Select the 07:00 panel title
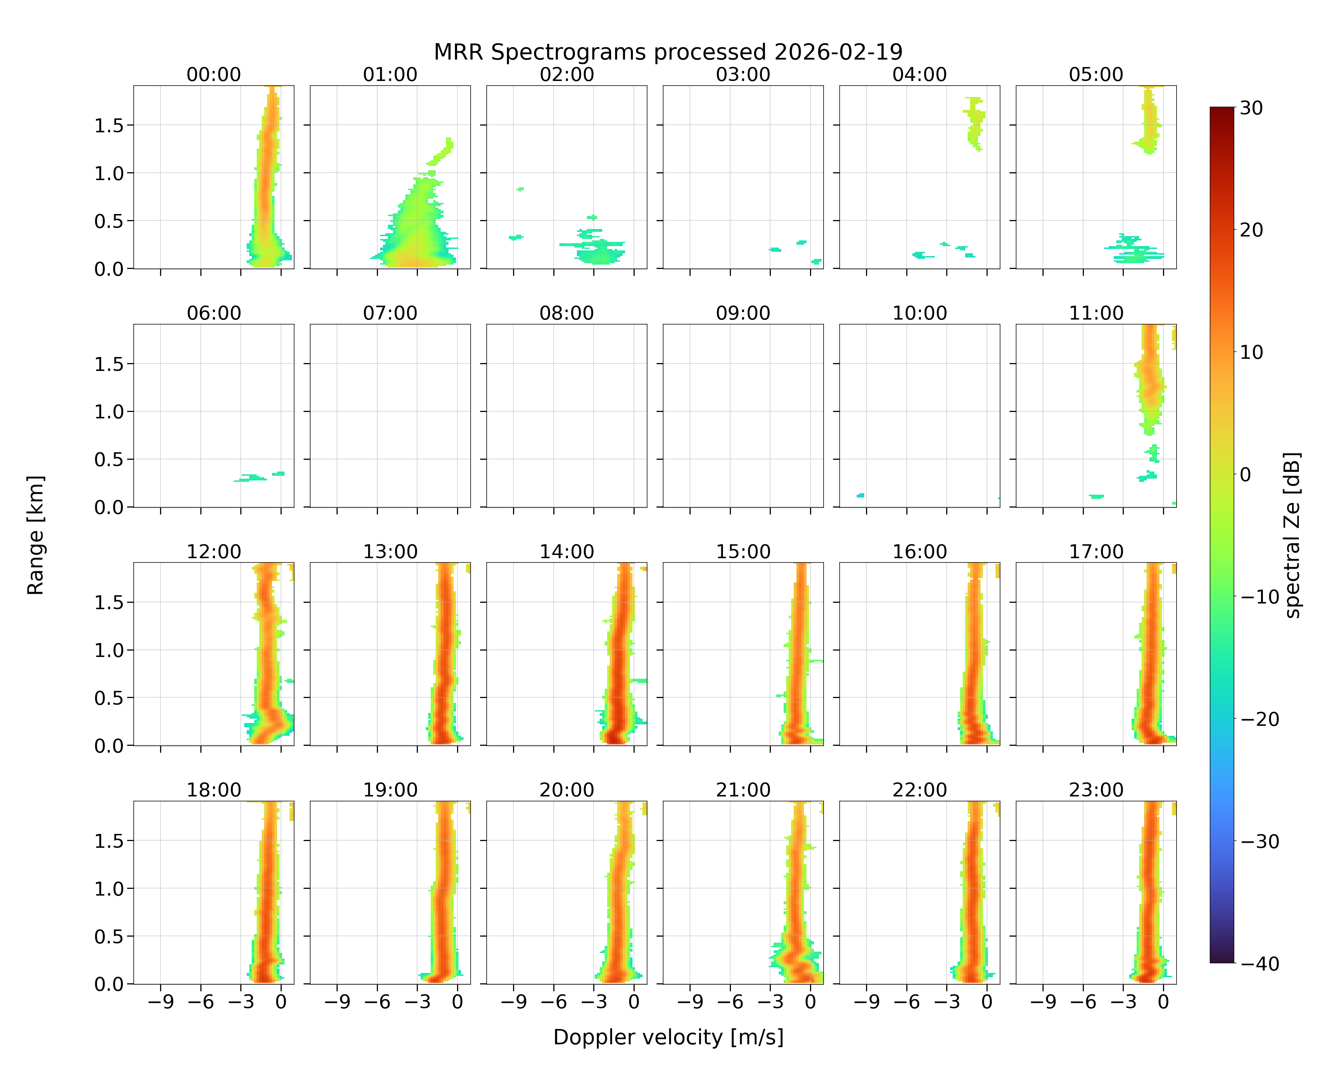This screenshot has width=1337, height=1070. (390, 313)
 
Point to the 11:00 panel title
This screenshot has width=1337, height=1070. (1096, 313)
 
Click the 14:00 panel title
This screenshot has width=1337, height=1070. (567, 551)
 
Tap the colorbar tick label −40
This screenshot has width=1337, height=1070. (1260, 963)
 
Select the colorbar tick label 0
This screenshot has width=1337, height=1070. (1245, 474)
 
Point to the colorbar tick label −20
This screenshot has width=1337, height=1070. (1260, 719)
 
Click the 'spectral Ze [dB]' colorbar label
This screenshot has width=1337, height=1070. (1292, 535)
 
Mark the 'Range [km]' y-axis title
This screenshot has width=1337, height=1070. (35, 535)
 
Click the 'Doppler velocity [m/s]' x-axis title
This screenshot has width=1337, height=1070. (668, 1036)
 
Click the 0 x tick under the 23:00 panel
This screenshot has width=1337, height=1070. (1163, 1002)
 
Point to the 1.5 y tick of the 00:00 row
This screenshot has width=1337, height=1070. (109, 125)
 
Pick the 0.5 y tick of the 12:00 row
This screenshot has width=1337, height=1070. (109, 698)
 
